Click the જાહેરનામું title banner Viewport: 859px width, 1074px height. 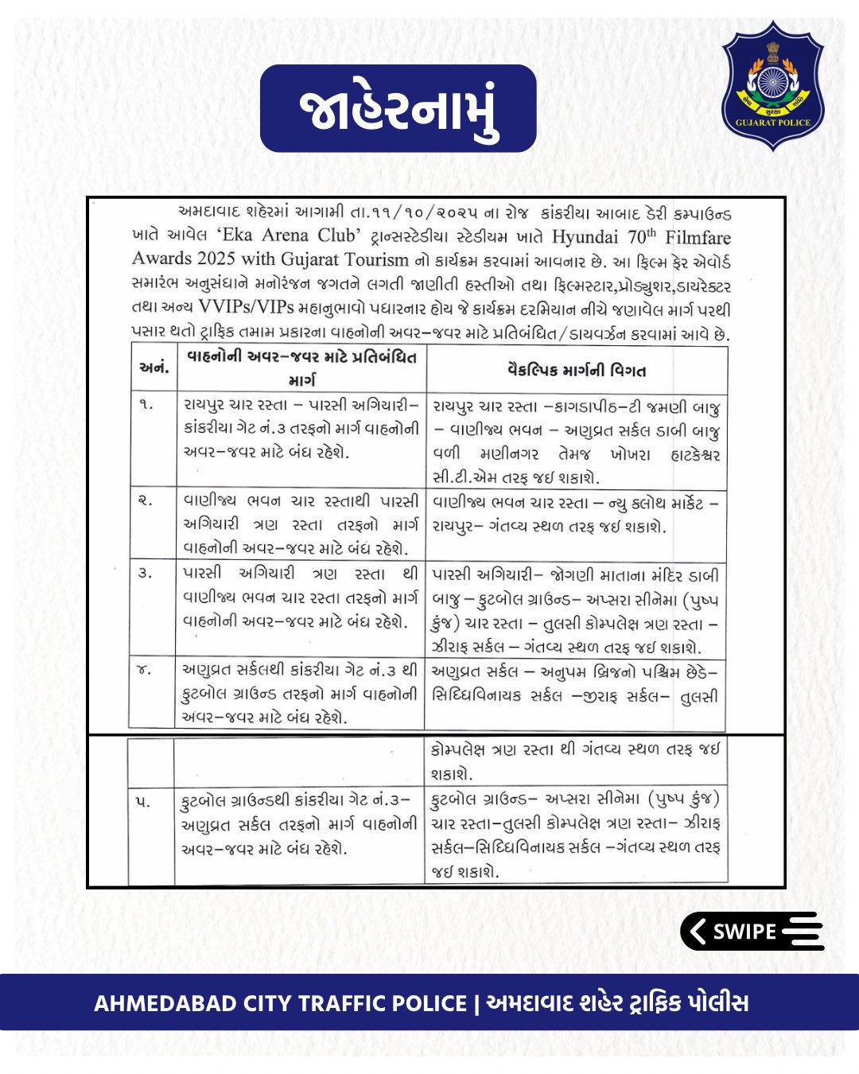[x=398, y=110]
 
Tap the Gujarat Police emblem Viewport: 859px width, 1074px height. [x=772, y=85]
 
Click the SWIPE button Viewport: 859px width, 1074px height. [x=752, y=931]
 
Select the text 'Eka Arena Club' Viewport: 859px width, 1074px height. [x=286, y=236]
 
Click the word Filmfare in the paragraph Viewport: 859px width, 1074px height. [x=698, y=236]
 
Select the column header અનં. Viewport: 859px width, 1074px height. [x=154, y=368]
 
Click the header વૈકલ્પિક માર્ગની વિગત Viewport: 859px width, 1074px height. [x=577, y=370]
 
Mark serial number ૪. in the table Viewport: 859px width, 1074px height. [x=145, y=670]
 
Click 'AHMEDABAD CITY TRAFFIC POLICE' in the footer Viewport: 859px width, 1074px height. [x=280, y=1003]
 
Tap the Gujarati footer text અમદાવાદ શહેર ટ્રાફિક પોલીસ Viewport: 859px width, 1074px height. [x=617, y=1003]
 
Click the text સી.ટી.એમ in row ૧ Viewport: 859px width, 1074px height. [x=461, y=478]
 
